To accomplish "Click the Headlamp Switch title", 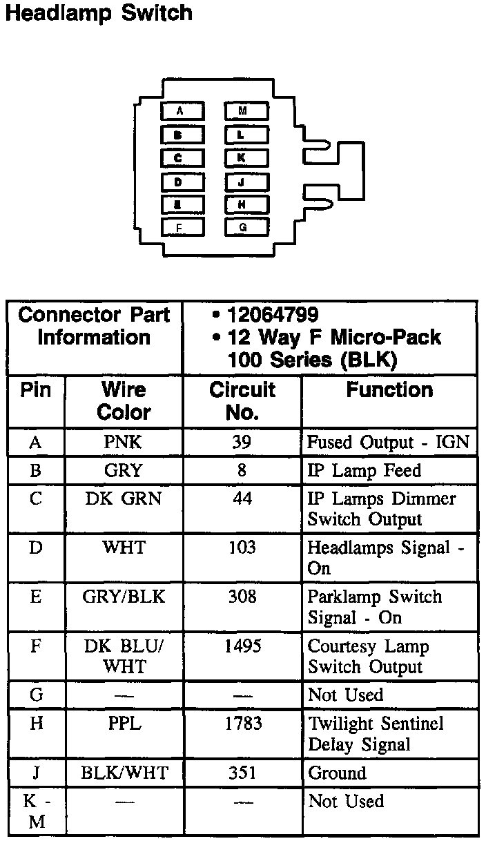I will point(98,13).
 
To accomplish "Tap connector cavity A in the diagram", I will point(182,110).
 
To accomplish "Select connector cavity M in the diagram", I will point(245,110).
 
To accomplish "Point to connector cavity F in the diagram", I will point(182,226).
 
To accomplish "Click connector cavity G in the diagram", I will point(245,226).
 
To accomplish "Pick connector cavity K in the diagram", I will point(245,158).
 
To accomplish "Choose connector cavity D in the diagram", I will point(182,182).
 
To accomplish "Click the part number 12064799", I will point(273,315).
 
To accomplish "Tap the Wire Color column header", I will point(124,400).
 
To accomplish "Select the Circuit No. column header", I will point(242,400).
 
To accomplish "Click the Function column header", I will point(389,390).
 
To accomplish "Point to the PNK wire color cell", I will point(124,442).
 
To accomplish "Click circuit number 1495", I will point(242,647).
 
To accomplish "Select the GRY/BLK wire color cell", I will point(124,597).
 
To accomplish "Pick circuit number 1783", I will point(242,724).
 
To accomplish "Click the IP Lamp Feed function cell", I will point(364,471).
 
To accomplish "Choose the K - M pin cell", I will point(36,811).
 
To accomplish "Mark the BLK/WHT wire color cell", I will point(124,773).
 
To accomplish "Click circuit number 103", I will point(242,548).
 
